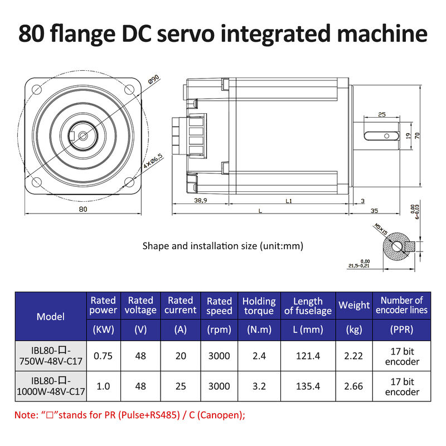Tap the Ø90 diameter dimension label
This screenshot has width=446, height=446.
point(154,80)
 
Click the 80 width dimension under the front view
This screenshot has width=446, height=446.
point(83,210)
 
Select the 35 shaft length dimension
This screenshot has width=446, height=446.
point(374,210)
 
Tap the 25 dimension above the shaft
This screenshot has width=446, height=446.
point(382,114)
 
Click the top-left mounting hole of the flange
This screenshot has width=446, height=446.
point(37,89)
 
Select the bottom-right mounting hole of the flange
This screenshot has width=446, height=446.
point(129,182)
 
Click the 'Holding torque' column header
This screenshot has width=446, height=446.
point(259,306)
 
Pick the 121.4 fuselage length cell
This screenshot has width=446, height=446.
point(308,356)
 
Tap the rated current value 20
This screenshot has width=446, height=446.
point(180,356)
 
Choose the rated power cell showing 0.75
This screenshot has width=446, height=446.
point(103,356)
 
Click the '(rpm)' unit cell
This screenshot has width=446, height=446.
point(219,329)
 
